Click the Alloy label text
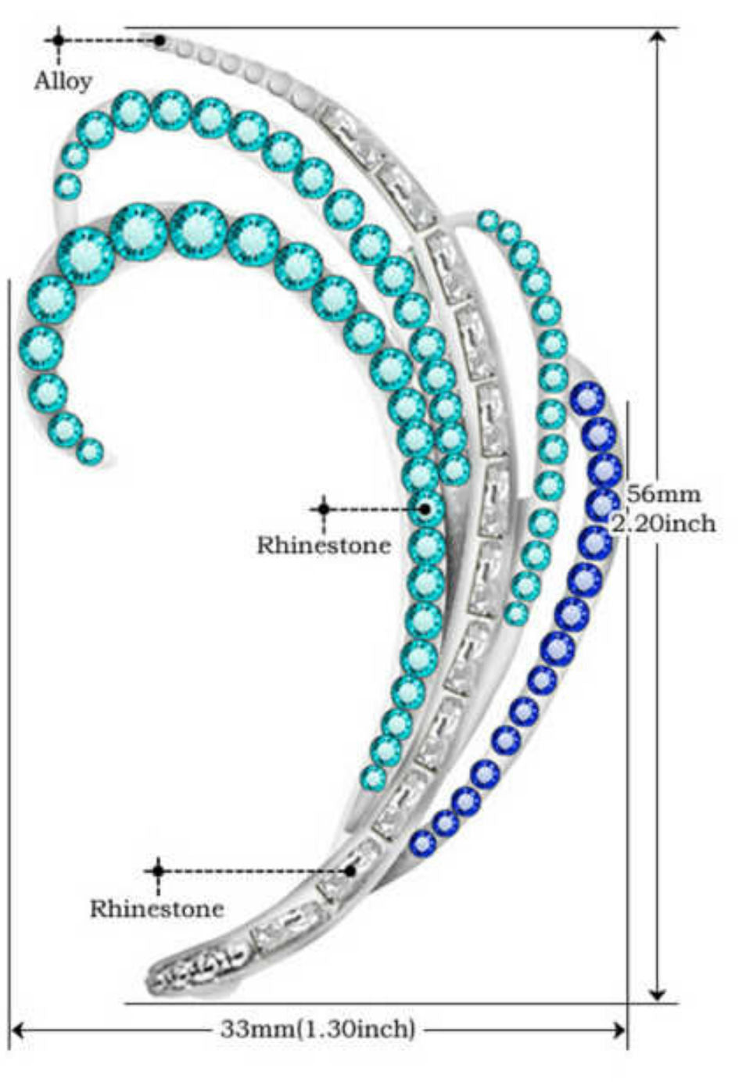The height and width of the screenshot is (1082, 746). (63, 81)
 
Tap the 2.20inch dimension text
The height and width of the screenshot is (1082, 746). (664, 523)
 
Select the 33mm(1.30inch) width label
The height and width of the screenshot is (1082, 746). (317, 1029)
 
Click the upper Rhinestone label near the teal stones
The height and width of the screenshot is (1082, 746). (324, 544)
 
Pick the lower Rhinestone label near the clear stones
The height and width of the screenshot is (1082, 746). (156, 908)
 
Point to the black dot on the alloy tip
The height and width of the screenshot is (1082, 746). (160, 40)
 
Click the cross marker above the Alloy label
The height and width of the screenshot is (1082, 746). (58, 39)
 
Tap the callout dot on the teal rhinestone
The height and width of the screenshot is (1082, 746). (425, 509)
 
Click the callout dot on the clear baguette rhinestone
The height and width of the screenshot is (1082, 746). (350, 870)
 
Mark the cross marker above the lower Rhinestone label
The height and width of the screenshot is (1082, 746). (158, 870)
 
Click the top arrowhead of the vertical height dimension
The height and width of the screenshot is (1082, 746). (658, 36)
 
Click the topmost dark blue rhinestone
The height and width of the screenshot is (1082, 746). (588, 399)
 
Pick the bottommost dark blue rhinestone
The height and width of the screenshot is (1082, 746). (422, 843)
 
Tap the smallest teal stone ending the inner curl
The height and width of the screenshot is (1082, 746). (90, 450)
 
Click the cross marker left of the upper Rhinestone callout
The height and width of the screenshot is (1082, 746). (324, 509)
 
